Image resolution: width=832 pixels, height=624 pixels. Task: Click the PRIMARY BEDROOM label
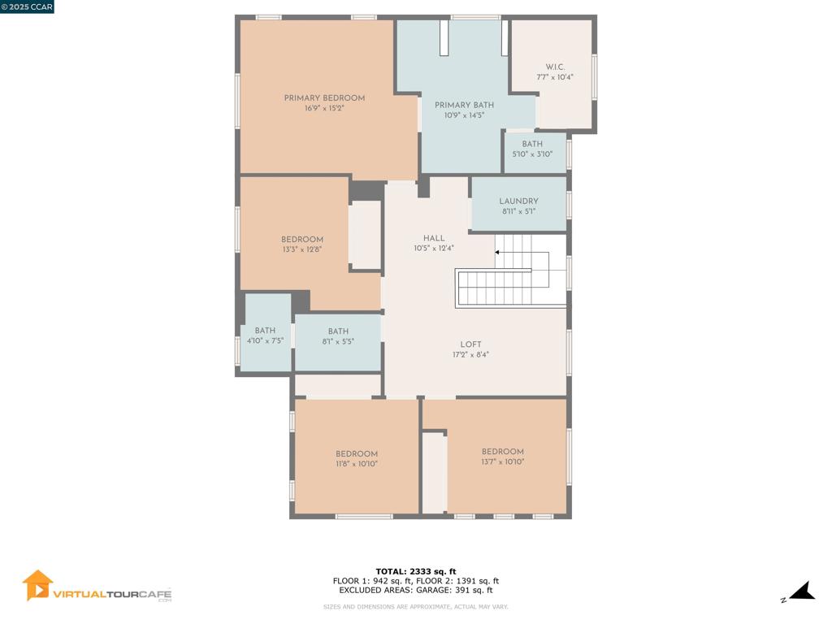pyautogui.click(x=324, y=98)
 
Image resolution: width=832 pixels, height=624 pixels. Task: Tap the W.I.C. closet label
pyautogui.click(x=555, y=67)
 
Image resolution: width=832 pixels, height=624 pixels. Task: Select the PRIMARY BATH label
pyautogui.click(x=464, y=105)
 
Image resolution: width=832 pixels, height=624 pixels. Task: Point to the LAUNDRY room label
pyautogui.click(x=518, y=201)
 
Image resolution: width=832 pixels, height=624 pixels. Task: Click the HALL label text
pyautogui.click(x=434, y=238)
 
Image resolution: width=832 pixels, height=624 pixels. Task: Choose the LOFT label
pyautogui.click(x=470, y=344)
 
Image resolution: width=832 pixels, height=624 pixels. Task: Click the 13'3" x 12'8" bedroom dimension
pyautogui.click(x=302, y=249)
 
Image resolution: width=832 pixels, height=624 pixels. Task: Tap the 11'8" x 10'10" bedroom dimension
pyautogui.click(x=357, y=464)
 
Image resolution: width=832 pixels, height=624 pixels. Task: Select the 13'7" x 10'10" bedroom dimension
pyautogui.click(x=502, y=461)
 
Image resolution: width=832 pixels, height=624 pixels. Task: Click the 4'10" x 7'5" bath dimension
pyautogui.click(x=266, y=340)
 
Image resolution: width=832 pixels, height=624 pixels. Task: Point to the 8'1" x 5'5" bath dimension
pyautogui.click(x=338, y=342)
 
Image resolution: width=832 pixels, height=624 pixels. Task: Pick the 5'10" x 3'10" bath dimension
pyautogui.click(x=532, y=154)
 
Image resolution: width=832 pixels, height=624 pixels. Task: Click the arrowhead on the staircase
pyautogui.click(x=497, y=252)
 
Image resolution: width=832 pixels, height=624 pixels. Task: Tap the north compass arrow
pyautogui.click(x=802, y=591)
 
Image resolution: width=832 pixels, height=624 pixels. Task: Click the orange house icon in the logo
pyautogui.click(x=37, y=585)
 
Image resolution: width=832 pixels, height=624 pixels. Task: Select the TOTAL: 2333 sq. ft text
pyautogui.click(x=416, y=571)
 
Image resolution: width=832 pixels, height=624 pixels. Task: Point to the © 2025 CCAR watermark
pyautogui.click(x=27, y=6)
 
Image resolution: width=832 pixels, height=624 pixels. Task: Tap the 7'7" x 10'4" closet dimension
pyautogui.click(x=555, y=77)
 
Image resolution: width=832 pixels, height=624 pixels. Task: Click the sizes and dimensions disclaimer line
pyautogui.click(x=415, y=606)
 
